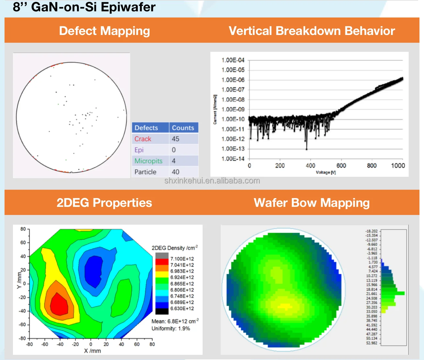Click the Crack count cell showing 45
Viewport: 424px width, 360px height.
click(176, 139)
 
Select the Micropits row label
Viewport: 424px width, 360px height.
click(149, 161)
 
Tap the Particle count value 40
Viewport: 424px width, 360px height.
click(176, 172)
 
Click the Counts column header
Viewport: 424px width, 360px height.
click(183, 128)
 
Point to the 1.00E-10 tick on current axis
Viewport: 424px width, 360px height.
click(233, 119)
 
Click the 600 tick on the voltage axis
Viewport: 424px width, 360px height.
click(341, 166)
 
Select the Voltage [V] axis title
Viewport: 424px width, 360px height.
click(326, 173)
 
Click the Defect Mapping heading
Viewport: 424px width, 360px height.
click(104, 31)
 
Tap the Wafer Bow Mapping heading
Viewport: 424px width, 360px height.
click(312, 203)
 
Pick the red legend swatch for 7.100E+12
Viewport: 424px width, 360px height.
click(162, 259)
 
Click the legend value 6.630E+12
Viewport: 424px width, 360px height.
click(182, 309)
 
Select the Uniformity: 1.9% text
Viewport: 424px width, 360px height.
click(171, 329)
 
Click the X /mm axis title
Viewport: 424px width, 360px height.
click(92, 351)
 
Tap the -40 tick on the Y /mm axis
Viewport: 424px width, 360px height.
click(23, 311)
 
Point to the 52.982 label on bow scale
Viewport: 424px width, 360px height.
click(372, 343)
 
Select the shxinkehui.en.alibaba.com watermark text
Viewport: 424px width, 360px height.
click(212, 181)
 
